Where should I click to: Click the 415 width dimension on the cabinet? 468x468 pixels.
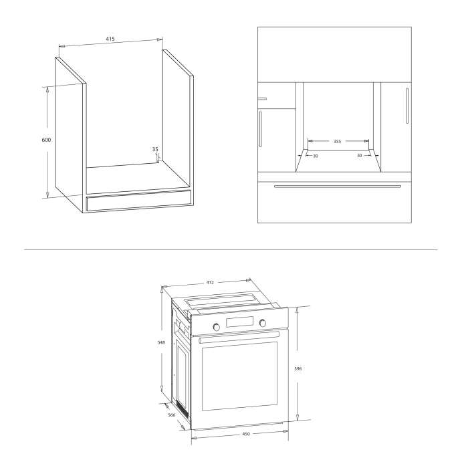pyautogui.click(x=110, y=39)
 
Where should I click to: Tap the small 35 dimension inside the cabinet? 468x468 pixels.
pyautogui.click(x=155, y=150)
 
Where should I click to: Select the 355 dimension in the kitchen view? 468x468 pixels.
pyautogui.click(x=338, y=142)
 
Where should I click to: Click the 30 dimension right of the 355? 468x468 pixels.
pyautogui.click(x=359, y=155)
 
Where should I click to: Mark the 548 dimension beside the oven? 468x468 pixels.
pyautogui.click(x=161, y=342)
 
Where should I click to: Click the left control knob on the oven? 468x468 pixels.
pyautogui.click(x=216, y=326)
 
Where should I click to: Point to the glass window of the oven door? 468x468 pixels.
pyautogui.click(x=239, y=376)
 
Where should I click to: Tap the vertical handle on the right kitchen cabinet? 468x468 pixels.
pyautogui.click(x=406, y=105)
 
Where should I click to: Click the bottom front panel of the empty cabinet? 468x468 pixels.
pyautogui.click(x=138, y=203)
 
